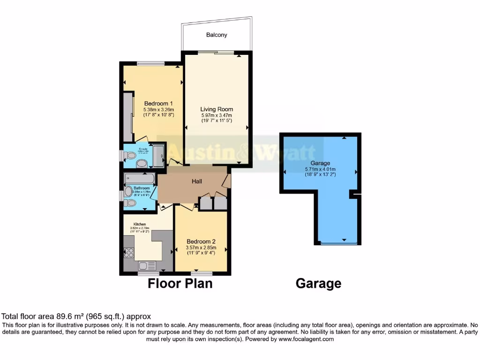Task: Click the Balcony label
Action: (216, 35)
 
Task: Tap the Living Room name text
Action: (216, 109)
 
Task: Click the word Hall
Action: (197, 181)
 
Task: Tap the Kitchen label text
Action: (140, 224)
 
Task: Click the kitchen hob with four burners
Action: (128, 252)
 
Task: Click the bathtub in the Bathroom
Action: (139, 178)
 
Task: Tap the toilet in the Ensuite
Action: (141, 163)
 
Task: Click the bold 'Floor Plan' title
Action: (180, 284)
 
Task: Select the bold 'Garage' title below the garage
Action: (318, 284)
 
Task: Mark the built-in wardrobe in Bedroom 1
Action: (127, 117)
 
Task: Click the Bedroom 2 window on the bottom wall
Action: (202, 273)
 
